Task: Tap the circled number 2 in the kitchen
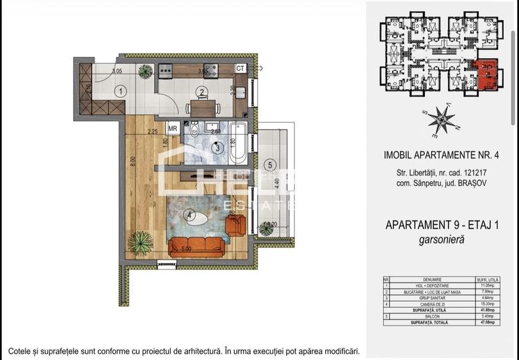tap(202, 92)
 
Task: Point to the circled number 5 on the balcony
tap(271, 165)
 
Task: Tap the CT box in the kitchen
tap(240, 68)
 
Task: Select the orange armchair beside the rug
tap(236, 223)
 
